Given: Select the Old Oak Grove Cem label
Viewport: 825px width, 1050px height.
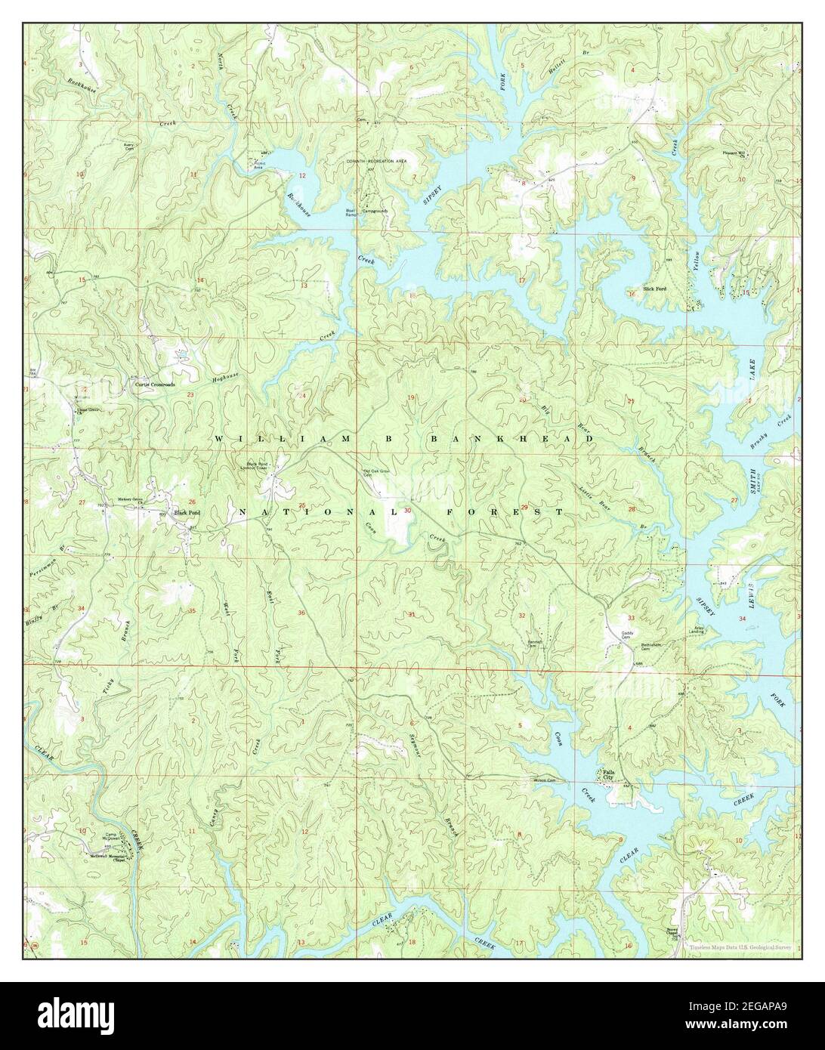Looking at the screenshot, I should pyautogui.click(x=374, y=474).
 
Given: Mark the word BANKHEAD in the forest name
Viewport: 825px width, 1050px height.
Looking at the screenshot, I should pyautogui.click(x=511, y=438).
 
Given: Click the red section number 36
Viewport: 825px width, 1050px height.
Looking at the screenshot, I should pyautogui.click(x=302, y=613).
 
